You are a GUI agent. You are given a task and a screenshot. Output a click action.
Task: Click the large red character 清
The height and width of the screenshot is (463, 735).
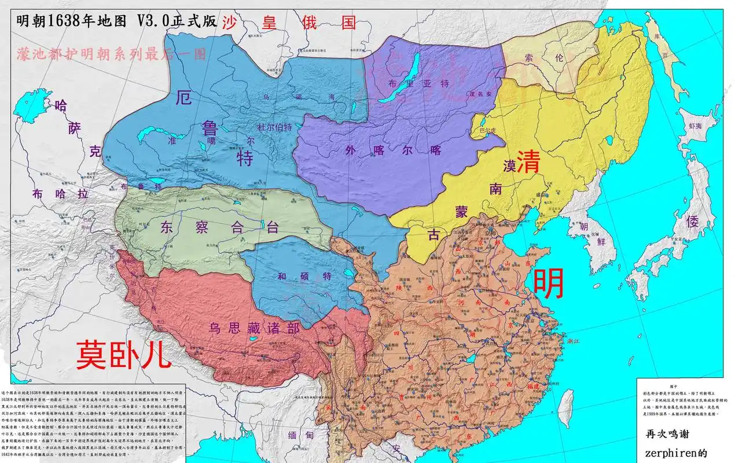click(528, 162)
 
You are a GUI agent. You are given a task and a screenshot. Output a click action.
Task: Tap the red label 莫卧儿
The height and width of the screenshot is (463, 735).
click(124, 354)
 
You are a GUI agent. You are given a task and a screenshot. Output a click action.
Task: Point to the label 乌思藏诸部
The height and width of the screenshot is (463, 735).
click(254, 329)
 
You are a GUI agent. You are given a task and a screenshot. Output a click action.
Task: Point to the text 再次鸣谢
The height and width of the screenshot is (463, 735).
click(670, 433)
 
